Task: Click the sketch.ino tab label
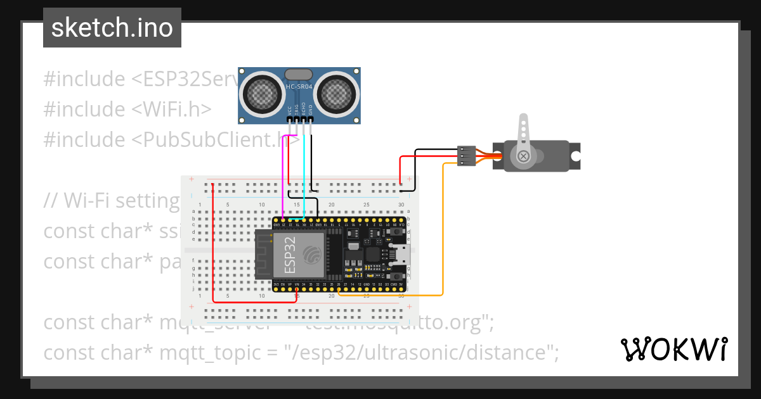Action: tap(112, 28)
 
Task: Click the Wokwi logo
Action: tap(673, 349)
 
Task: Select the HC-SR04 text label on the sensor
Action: tap(299, 85)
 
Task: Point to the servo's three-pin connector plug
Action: tap(466, 156)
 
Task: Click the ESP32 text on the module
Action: tap(290, 255)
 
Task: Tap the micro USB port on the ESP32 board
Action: tap(403, 255)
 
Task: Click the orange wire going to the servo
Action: tap(442, 241)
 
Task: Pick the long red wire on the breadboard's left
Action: tap(213, 247)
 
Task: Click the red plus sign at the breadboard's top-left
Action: tap(191, 179)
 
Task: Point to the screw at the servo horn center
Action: tap(523, 156)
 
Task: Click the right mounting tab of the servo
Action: tap(575, 156)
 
